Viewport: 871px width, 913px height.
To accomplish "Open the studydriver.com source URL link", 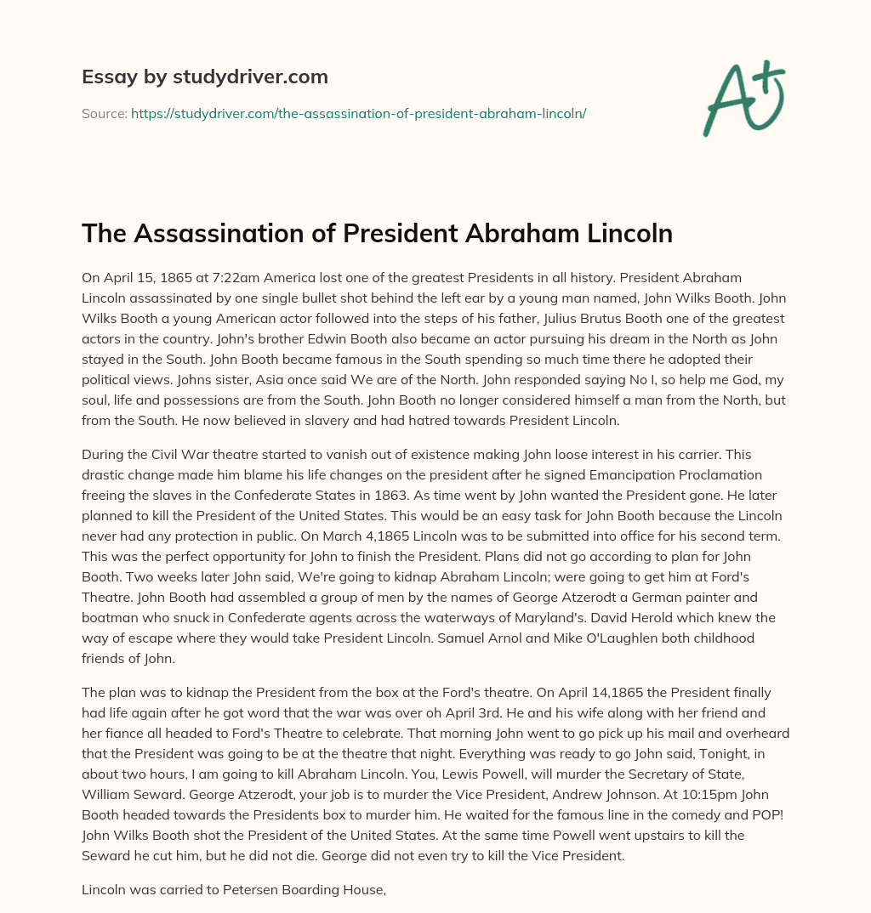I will tap(358, 113).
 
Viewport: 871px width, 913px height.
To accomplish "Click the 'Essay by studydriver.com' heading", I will tap(204, 77).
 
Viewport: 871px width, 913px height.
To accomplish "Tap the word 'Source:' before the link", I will tap(105, 113).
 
